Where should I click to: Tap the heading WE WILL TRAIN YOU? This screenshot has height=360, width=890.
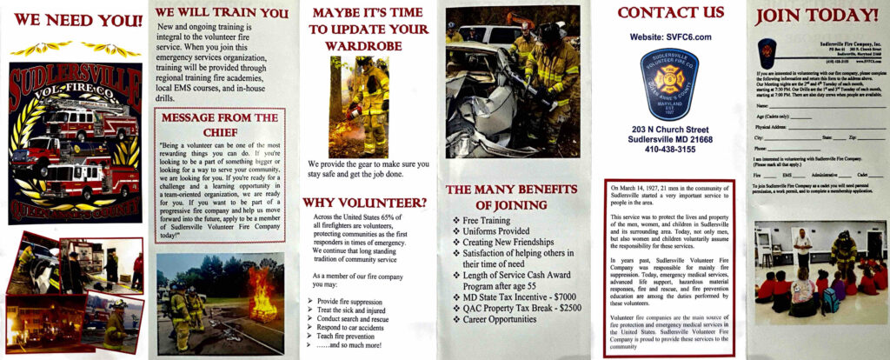(222, 13)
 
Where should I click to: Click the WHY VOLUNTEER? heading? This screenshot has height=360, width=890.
(365, 203)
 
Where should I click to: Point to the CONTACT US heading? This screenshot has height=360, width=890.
(670, 12)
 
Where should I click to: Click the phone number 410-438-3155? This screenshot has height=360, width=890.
(669, 149)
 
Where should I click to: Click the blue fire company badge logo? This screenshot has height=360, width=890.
(669, 84)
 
